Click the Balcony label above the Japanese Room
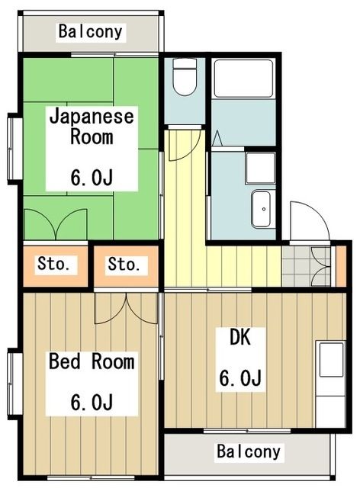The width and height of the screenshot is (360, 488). coord(91,33)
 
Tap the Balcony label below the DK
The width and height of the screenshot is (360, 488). coord(249,451)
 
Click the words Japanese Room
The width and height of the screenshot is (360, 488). coord(92,127)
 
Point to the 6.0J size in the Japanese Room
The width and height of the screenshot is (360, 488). coord(92,178)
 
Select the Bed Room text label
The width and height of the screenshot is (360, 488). coord(91,361)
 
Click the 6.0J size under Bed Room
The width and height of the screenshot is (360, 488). coord(91,400)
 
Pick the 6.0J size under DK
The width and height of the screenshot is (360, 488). coord(241,378)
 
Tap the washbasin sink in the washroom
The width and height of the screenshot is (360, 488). coord(262,206)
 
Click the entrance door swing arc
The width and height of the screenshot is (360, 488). coord(308,221)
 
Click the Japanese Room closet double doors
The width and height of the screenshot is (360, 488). coord(56,223)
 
